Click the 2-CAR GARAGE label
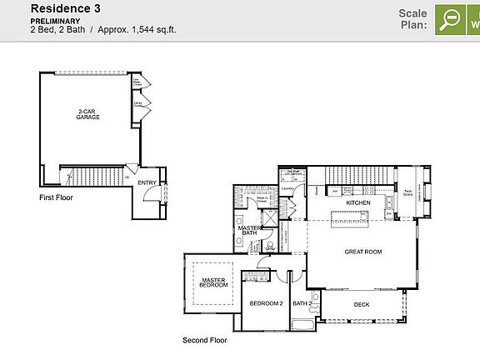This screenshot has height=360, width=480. (88, 114)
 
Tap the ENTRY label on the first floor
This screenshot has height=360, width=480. (147, 182)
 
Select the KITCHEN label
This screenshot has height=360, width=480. (358, 202)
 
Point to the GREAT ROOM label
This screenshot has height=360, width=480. (362, 251)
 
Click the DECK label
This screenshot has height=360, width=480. (361, 304)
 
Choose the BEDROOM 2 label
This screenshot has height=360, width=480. (266, 303)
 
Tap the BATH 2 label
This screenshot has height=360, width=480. (301, 303)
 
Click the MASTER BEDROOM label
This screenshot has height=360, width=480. (213, 282)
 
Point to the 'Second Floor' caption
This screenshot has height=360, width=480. (204, 340)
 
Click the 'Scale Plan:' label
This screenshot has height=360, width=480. (412, 19)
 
